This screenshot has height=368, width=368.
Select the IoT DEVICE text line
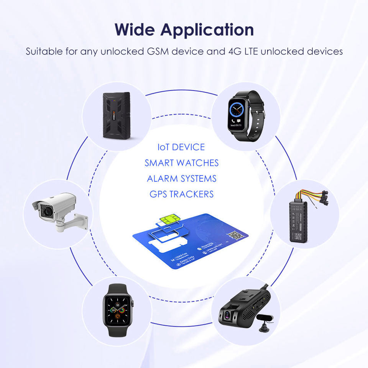[181, 147]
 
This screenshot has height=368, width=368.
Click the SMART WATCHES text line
[181, 163]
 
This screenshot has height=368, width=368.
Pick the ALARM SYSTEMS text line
[181, 179]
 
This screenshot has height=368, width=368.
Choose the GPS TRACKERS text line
[181, 194]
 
